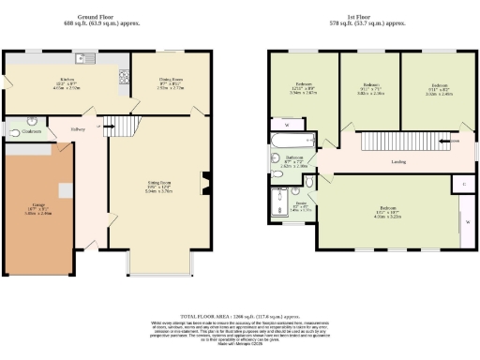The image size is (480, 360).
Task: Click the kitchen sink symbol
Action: pos(86,58)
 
